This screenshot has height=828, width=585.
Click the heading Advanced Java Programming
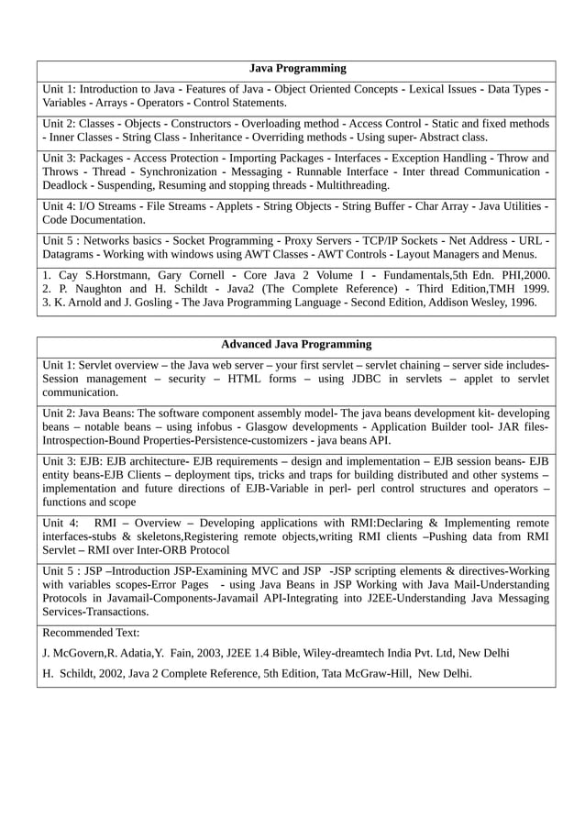296,345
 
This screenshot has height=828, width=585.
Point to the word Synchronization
182,171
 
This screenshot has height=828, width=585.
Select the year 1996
521,302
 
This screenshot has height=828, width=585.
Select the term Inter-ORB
184,550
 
